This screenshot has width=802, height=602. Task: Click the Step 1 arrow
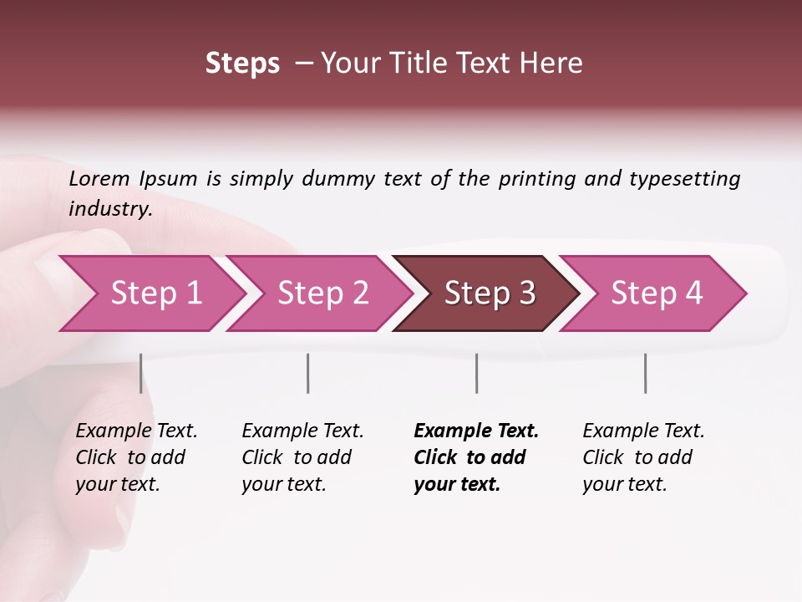155,293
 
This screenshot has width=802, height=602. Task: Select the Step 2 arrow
322,293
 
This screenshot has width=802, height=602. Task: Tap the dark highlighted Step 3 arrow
490,293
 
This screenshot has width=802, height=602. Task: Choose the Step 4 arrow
657,293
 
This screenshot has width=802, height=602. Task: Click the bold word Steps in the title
242,64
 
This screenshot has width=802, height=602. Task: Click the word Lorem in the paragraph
99,178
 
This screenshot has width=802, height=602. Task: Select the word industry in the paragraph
109,208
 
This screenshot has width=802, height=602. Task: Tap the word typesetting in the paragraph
684,178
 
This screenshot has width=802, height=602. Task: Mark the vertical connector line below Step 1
140,373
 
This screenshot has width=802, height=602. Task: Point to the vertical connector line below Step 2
307,373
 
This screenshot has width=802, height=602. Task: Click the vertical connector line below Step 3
476,373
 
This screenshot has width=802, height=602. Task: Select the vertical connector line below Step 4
645,373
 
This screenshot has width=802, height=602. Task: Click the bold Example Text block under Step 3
475,457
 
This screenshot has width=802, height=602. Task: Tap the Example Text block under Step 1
136,457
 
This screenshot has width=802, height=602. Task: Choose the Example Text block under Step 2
302,457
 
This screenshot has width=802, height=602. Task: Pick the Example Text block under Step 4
643,457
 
